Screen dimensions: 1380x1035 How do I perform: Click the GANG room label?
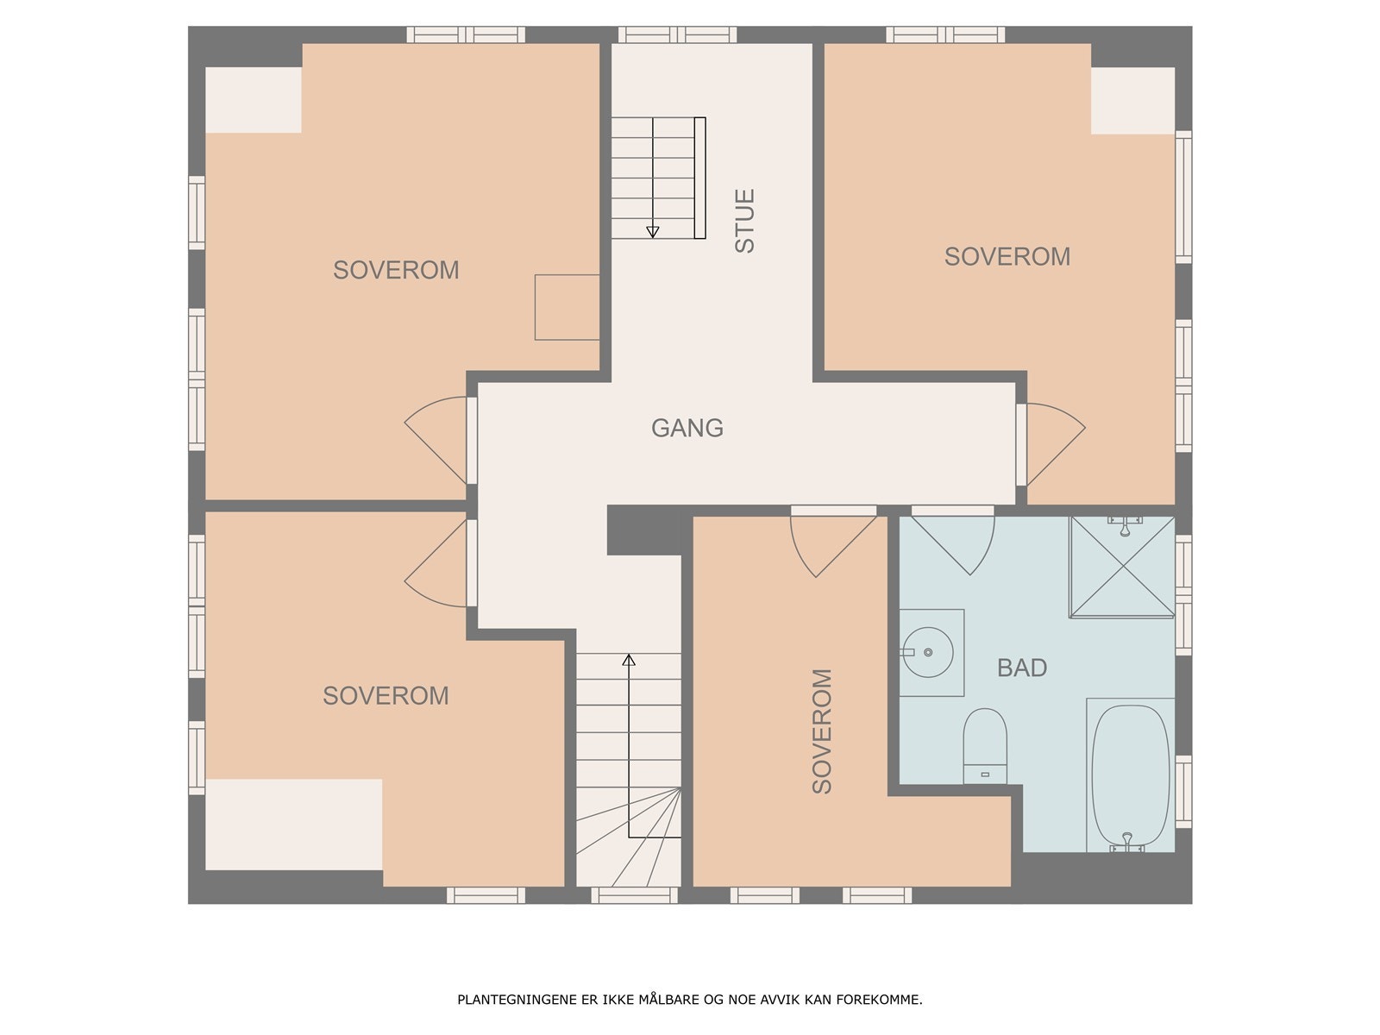[687, 428]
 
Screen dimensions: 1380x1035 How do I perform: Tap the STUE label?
[744, 221]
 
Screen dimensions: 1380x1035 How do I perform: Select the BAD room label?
[1022, 668]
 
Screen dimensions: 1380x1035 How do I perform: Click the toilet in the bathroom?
[985, 746]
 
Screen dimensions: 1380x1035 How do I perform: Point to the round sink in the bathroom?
[928, 652]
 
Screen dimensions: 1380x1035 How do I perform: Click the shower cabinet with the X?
[1122, 566]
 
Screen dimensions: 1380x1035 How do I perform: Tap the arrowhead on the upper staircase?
[653, 232]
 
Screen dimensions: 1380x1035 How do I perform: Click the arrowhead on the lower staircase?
[629, 660]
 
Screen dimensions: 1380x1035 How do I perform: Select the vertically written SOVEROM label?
[822, 731]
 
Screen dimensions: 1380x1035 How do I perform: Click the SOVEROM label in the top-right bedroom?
[1007, 256]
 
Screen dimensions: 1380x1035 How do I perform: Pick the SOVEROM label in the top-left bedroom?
[396, 270]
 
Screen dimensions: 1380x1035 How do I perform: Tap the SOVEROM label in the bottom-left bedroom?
[386, 696]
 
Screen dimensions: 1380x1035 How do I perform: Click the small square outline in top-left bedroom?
[567, 307]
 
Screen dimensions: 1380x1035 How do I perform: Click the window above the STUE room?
[677, 34]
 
